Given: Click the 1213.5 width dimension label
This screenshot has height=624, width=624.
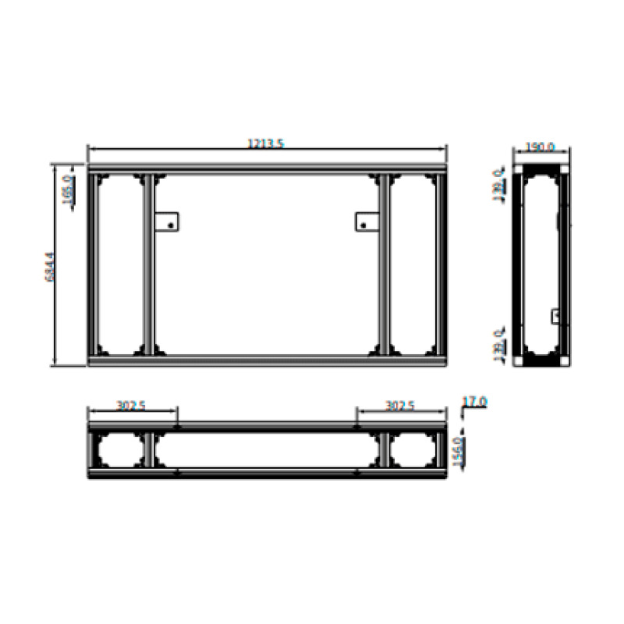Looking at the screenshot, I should pyautogui.click(x=266, y=143).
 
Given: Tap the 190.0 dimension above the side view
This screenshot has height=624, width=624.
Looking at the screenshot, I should pyautogui.click(x=540, y=147).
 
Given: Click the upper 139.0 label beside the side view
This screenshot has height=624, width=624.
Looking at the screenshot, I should pyautogui.click(x=498, y=185).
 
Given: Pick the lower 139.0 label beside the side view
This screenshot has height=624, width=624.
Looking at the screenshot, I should pyautogui.click(x=498, y=344).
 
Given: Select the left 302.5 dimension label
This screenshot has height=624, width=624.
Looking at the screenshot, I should pyautogui.click(x=133, y=406).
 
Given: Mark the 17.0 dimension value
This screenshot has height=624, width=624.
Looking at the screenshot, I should pyautogui.click(x=475, y=402).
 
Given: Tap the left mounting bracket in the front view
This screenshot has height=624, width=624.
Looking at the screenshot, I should pyautogui.click(x=166, y=222).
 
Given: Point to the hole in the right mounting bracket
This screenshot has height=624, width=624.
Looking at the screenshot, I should pyautogui.click(x=363, y=226).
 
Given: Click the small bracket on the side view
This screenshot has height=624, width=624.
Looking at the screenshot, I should pyautogui.click(x=556, y=315).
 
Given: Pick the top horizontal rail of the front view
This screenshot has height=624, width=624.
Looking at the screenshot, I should pyautogui.click(x=267, y=168).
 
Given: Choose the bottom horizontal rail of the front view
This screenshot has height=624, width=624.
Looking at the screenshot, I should pyautogui.click(x=267, y=360).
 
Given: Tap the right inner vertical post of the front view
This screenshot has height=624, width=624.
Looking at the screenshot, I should pyautogui.click(x=385, y=264).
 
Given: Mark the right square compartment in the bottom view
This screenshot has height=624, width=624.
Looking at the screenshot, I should pyautogui.click(x=414, y=450).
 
